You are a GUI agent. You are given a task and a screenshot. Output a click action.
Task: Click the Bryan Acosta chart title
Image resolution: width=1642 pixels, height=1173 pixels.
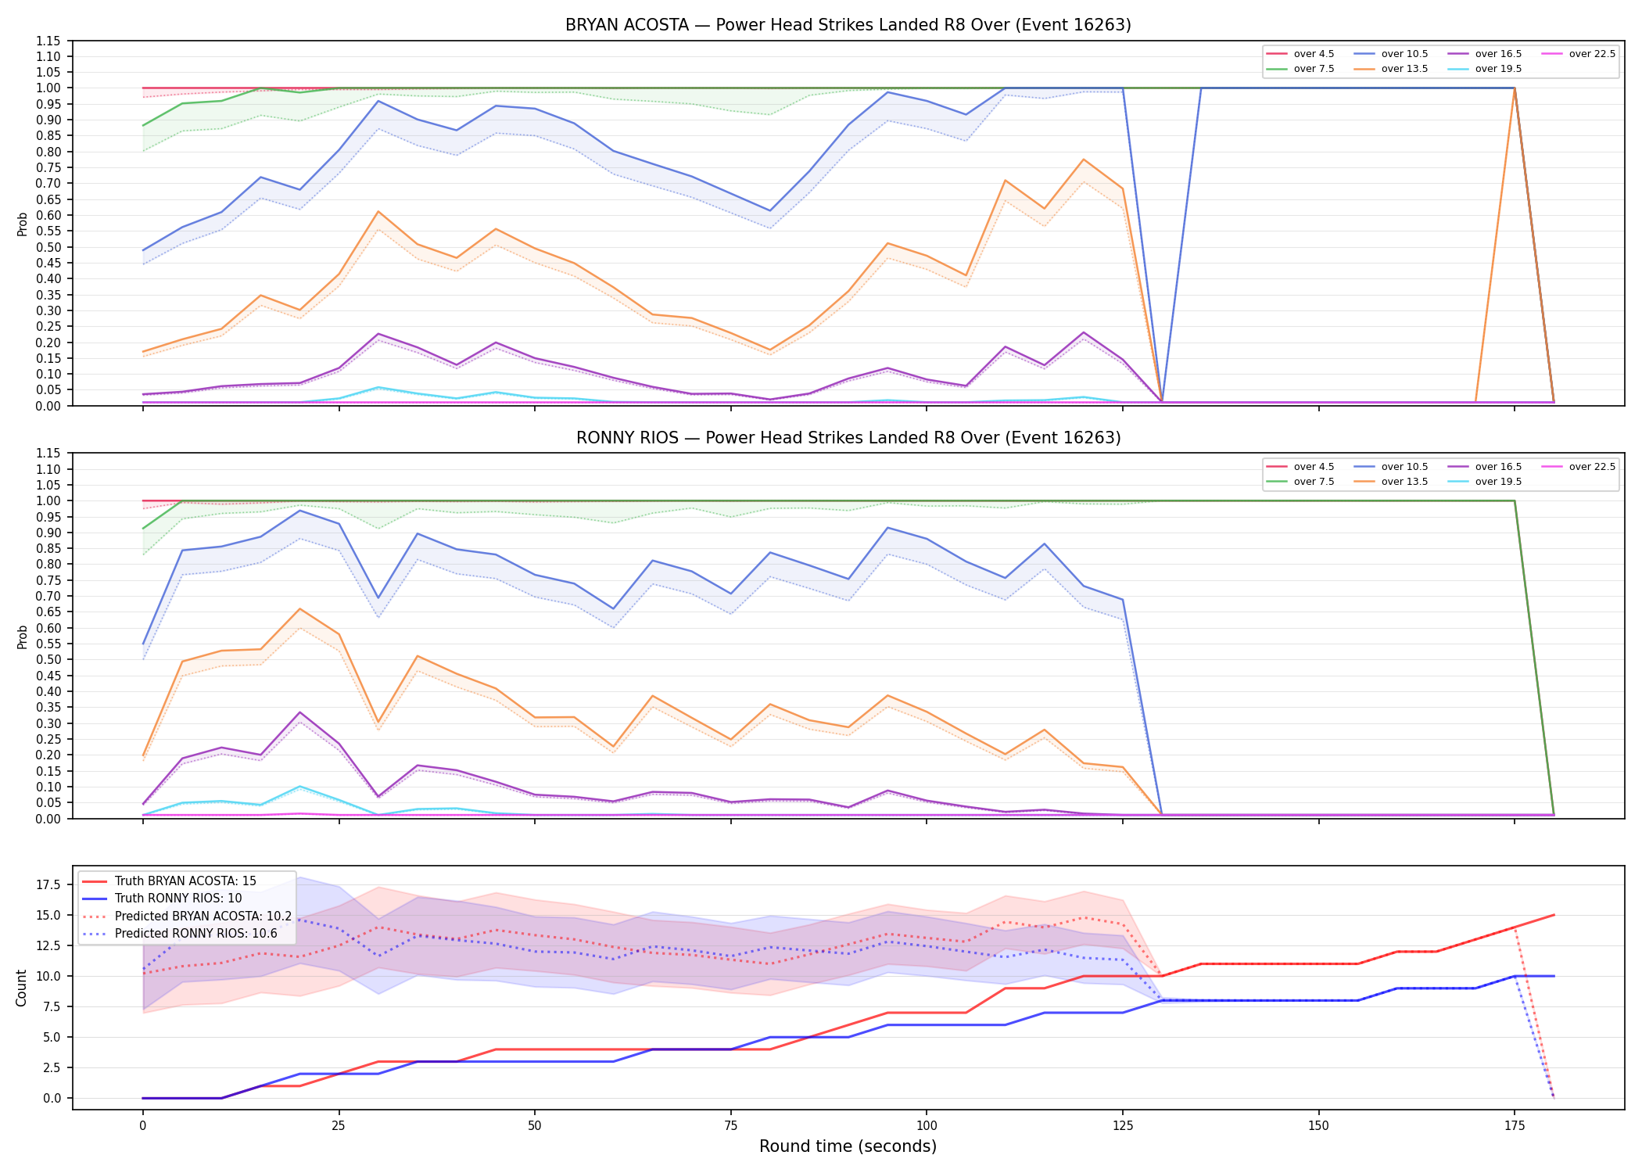click(x=848, y=25)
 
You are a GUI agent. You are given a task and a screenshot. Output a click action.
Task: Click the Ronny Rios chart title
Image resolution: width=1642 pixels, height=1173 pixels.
click(x=848, y=438)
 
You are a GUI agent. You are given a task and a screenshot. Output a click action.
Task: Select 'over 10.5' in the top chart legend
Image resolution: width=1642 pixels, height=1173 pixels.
click(x=1404, y=54)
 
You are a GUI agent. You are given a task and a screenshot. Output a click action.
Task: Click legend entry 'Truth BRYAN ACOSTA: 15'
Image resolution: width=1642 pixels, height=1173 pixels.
click(x=185, y=881)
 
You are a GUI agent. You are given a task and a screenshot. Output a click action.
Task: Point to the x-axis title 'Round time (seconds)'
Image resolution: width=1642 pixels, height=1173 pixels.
click(x=848, y=1146)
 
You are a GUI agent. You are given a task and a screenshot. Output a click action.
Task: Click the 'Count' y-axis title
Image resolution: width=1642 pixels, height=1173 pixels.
click(x=21, y=988)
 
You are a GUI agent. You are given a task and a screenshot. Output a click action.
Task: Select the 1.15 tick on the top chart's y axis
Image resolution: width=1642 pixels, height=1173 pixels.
click(x=48, y=41)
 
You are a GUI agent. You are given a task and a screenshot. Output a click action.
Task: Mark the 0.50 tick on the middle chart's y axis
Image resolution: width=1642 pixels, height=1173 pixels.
click(x=48, y=660)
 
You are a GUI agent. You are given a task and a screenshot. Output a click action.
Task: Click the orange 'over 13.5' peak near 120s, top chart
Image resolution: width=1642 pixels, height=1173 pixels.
click(x=1083, y=160)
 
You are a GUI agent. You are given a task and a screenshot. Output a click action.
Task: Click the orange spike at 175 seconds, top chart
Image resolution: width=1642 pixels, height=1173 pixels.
click(x=1515, y=88)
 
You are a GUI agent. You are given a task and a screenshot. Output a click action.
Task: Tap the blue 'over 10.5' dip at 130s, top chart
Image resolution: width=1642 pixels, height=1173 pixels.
click(x=1162, y=401)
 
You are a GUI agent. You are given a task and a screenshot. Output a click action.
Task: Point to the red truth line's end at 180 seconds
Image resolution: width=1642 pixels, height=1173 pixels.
click(x=1554, y=915)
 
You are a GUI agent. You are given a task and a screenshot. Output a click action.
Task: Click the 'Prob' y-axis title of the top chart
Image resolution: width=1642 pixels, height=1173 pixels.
click(x=23, y=224)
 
